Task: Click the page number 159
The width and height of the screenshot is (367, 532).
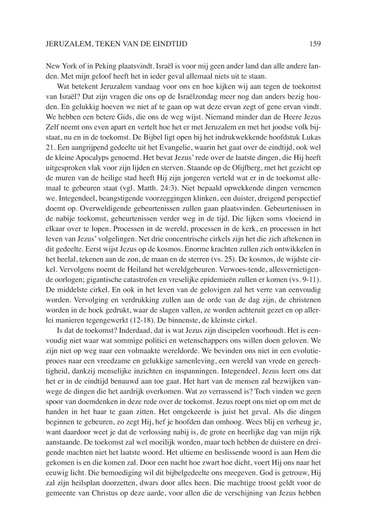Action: [314, 44]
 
